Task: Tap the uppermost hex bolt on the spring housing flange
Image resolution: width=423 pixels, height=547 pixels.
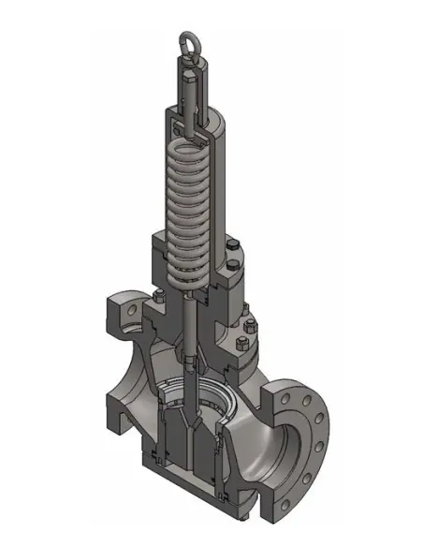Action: coord(237,246)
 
